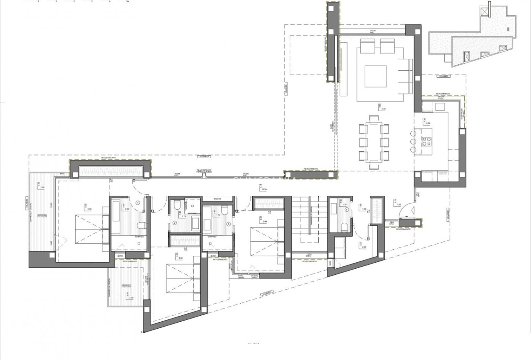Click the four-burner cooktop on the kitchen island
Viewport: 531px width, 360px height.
[x=426, y=141]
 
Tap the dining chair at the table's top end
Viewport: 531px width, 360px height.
[x=374, y=118]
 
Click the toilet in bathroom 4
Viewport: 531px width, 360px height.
[x=345, y=228]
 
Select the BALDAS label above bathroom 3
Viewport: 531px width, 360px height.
[x=218, y=199]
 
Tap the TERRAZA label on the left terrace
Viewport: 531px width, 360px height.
[x=41, y=216]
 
